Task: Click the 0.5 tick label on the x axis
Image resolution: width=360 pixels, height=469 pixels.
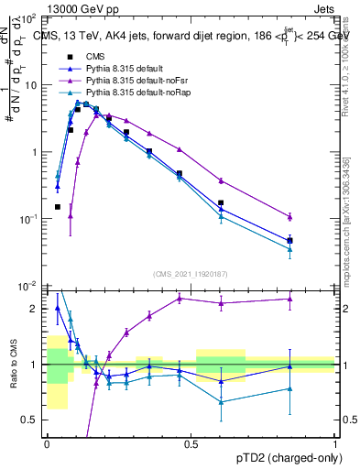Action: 191,442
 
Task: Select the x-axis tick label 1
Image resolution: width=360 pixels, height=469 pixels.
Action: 335,442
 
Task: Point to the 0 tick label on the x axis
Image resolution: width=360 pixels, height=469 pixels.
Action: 47,442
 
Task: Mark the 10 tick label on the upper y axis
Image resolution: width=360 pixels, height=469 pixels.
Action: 32,85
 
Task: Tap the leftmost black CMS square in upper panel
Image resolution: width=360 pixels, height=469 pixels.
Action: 57,207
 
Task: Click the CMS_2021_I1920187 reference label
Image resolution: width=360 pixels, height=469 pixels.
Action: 191,274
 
